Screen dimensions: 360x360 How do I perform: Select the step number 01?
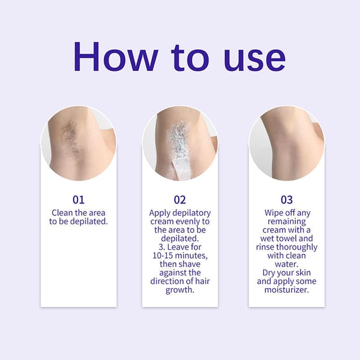[x=79, y=200]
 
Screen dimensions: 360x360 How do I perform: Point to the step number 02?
[x=180, y=200]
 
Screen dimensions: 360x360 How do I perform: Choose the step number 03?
[x=286, y=200]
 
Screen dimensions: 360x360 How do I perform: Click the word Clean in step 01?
[x=64, y=213]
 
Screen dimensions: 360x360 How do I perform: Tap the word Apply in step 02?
[x=161, y=213]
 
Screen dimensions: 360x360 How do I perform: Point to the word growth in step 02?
[x=180, y=290]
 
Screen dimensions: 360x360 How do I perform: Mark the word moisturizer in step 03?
[x=286, y=290]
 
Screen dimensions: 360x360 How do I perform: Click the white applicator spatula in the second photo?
[x=180, y=167]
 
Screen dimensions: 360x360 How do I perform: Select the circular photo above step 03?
[x=286, y=143]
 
